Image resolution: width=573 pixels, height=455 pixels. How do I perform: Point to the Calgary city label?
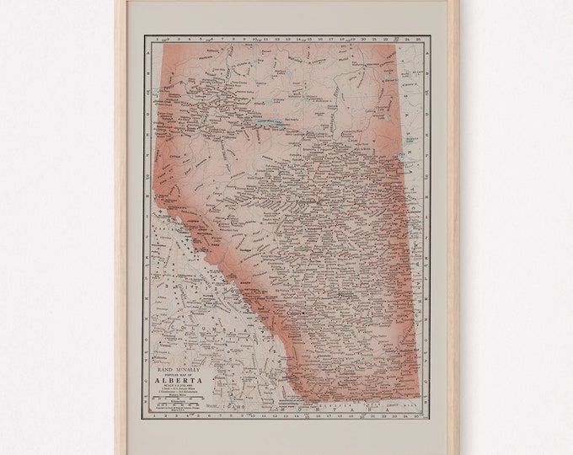pos(294,313)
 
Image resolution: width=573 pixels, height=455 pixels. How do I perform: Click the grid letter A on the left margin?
pos(149,49)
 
